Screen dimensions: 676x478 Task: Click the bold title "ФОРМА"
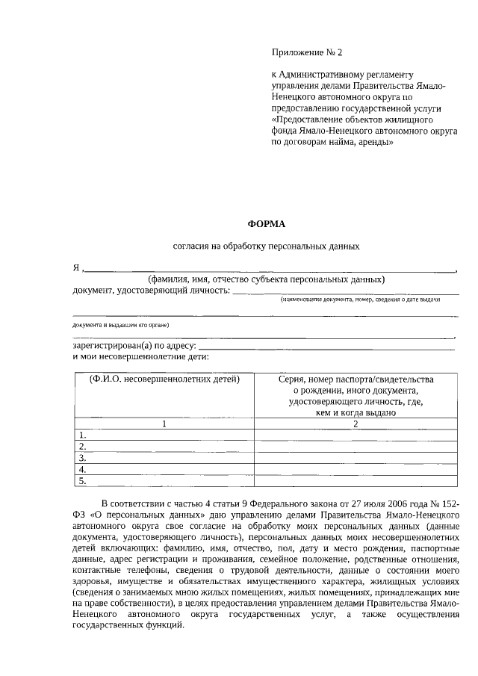tap(267, 223)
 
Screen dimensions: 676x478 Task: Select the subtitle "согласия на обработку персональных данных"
tap(267, 246)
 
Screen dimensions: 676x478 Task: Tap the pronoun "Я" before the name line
tap(76, 268)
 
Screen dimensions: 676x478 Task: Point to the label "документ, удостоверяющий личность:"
tap(151, 291)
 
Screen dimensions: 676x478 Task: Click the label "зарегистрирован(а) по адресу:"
tap(134, 346)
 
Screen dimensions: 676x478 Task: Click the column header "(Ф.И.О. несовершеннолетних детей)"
tap(164, 379)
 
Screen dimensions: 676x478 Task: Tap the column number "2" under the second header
tap(356, 424)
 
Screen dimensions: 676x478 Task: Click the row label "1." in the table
tap(84, 435)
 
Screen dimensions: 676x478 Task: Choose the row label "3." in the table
tap(84, 458)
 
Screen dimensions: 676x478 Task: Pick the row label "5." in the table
tap(84, 481)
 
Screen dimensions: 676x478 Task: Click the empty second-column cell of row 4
tap(356, 470)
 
